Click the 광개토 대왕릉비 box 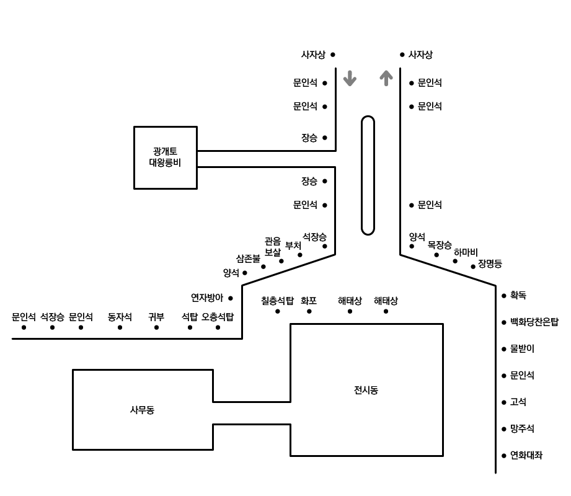(165, 157)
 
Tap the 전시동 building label (366, 390)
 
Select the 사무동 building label (142, 410)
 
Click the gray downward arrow (350, 78)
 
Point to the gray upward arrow (386, 77)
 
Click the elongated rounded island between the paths (368, 175)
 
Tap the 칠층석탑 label (277, 301)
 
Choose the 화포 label (309, 301)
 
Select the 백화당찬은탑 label (534, 322)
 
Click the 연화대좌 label (526, 455)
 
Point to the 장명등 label (490, 264)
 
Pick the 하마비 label (466, 252)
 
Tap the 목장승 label (440, 245)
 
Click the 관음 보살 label (273, 247)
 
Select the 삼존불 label (248, 259)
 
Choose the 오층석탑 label (218, 317)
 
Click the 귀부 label (156, 317)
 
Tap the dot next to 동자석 (120, 327)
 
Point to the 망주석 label (521, 429)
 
